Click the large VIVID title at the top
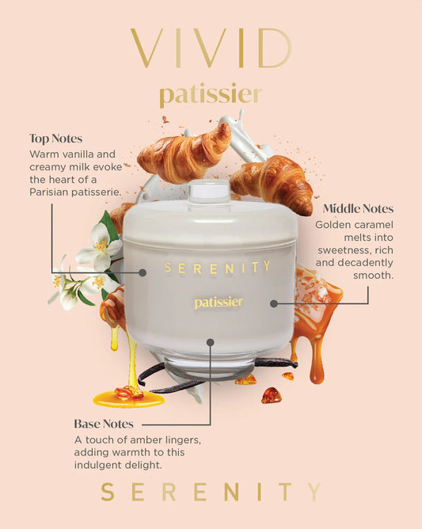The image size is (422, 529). pyautogui.click(x=211, y=49)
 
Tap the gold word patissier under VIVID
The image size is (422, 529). pyautogui.click(x=211, y=95)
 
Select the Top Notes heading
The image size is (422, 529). pyautogui.click(x=57, y=138)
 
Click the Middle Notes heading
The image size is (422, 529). pyautogui.click(x=358, y=209)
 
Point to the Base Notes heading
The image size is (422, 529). pyautogui.click(x=104, y=424)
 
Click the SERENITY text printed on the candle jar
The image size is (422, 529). pyautogui.click(x=217, y=267)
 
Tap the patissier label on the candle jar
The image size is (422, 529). pyautogui.click(x=219, y=303)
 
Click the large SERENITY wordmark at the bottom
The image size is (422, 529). pyautogui.click(x=211, y=492)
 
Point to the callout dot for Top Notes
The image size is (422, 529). pyautogui.click(x=143, y=272)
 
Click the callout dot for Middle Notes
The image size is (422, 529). pyautogui.click(x=274, y=303)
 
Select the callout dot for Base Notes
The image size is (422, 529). pyautogui.click(x=210, y=343)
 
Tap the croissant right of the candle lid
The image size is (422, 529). pyautogui.click(x=273, y=184)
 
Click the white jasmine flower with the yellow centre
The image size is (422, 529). pyautogui.click(x=99, y=245)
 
